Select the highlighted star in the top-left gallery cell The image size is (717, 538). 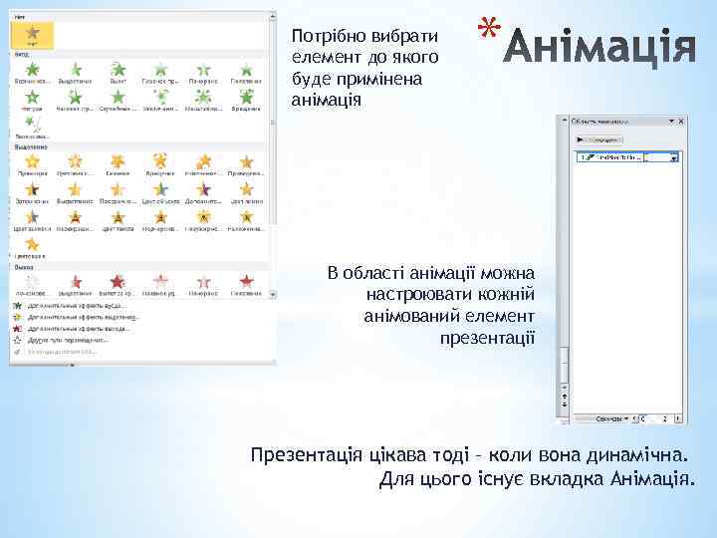pos(33,35)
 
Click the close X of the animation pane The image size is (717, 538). pos(680,121)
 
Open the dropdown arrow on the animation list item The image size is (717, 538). pos(674,157)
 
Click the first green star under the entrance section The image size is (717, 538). pos(33,69)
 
